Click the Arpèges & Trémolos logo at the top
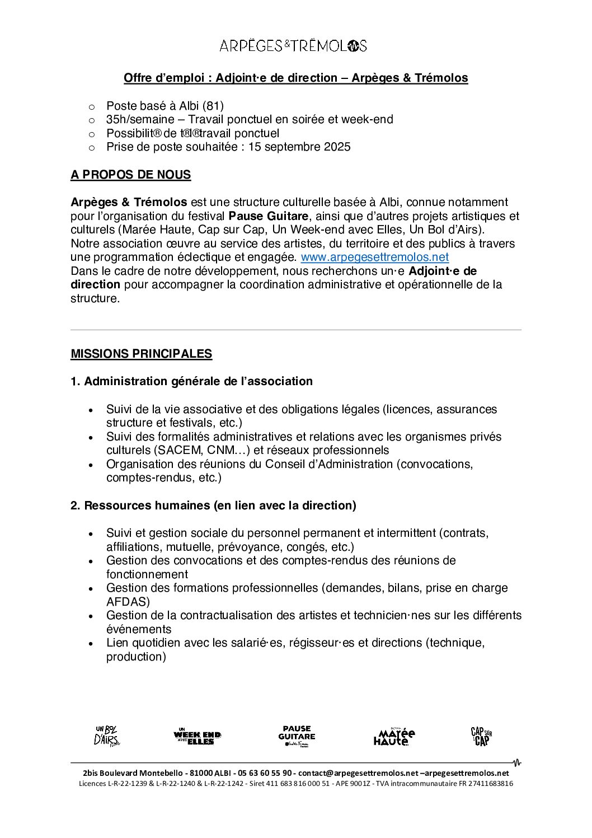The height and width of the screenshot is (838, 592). coord(293,46)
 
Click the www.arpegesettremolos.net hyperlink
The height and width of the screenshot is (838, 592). coord(374,258)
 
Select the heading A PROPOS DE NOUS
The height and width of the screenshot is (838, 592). coord(130,175)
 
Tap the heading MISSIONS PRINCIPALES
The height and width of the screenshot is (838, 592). coord(141,354)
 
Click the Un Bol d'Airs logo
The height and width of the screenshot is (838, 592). coord(107,736)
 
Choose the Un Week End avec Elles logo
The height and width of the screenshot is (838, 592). coord(197,736)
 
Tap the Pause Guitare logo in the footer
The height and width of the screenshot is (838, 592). coord(297,736)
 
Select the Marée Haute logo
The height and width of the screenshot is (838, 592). coord(394,736)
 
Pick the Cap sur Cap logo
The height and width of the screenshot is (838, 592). coord(481,736)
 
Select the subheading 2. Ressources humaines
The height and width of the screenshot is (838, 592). coord(213,505)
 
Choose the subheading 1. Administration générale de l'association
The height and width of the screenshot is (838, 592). coord(191,381)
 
